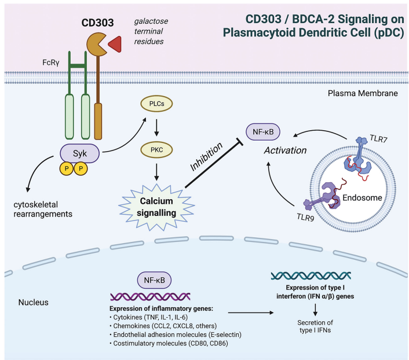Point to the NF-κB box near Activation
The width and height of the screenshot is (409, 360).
coord(263,132)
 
